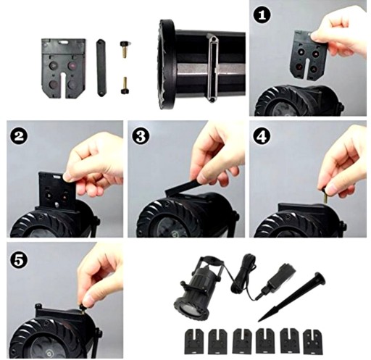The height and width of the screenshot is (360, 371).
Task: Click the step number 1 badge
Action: click(262, 15)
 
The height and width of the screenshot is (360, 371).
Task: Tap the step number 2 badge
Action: click(19, 137)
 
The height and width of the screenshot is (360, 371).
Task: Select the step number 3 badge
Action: click(141, 137)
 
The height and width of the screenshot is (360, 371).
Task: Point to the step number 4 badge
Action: click(262, 137)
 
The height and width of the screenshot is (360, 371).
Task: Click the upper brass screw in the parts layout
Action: click(125, 49)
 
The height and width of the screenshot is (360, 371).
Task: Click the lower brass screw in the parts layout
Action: click(125, 85)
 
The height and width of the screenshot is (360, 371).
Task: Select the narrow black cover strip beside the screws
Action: click(101, 68)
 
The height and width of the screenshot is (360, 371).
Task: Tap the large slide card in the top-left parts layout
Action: click(63, 68)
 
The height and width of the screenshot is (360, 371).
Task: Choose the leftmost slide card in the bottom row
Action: click(194, 341)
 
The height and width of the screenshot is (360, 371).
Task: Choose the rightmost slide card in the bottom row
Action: click(312, 341)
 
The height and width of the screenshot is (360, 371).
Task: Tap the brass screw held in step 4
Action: click(325, 194)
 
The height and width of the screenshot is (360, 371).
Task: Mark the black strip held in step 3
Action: click(183, 186)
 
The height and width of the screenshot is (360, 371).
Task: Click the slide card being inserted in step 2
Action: click(58, 191)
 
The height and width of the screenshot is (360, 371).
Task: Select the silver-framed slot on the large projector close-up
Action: click(213, 70)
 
